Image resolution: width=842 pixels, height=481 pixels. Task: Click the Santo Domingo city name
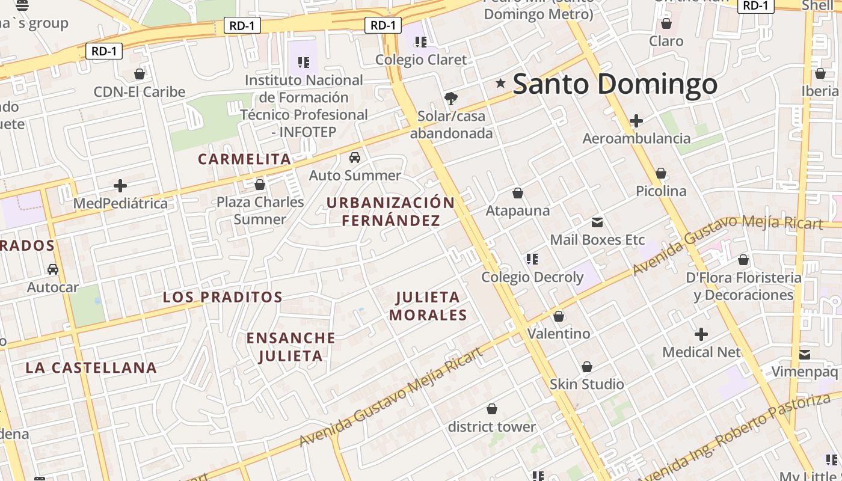pyautogui.click(x=615, y=84)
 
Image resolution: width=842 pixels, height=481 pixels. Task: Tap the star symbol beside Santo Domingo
pyautogui.click(x=500, y=83)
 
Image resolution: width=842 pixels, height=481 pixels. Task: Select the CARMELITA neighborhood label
pyautogui.click(x=244, y=159)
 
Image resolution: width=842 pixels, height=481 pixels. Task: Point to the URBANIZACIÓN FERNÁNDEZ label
pyautogui.click(x=390, y=212)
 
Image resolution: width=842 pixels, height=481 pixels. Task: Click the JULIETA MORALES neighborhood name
pyautogui.click(x=428, y=306)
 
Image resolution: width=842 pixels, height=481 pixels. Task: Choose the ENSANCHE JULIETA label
pyautogui.click(x=291, y=347)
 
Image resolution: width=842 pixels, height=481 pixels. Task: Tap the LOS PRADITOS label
pyautogui.click(x=223, y=297)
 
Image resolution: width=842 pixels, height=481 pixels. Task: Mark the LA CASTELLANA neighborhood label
pyautogui.click(x=91, y=368)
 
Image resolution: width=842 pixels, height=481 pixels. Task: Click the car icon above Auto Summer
pyautogui.click(x=355, y=158)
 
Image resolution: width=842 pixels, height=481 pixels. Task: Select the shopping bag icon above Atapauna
pyautogui.click(x=517, y=193)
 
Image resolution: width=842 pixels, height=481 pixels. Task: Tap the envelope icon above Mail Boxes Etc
pyautogui.click(x=597, y=222)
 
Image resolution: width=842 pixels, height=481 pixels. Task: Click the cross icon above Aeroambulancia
pyautogui.click(x=636, y=121)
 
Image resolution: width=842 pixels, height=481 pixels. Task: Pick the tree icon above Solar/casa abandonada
pyautogui.click(x=450, y=99)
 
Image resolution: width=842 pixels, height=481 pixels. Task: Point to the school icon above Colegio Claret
pyautogui.click(x=420, y=42)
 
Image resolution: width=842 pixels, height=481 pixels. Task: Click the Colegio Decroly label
pyautogui.click(x=532, y=277)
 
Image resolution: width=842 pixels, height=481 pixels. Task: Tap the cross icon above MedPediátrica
pyautogui.click(x=120, y=186)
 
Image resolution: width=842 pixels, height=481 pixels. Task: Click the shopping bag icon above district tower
pyautogui.click(x=492, y=409)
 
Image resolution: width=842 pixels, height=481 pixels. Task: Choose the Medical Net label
pyautogui.click(x=701, y=352)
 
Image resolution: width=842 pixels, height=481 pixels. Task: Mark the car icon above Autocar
pyautogui.click(x=53, y=269)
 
